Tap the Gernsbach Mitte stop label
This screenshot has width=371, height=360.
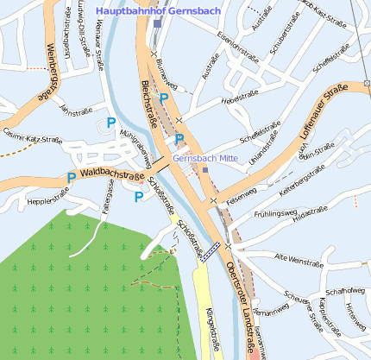pyautogui.click(x=204, y=159)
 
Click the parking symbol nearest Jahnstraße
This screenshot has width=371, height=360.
pyautogui.click(x=110, y=123)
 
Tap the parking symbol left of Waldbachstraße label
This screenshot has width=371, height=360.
pyautogui.click(x=70, y=179)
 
